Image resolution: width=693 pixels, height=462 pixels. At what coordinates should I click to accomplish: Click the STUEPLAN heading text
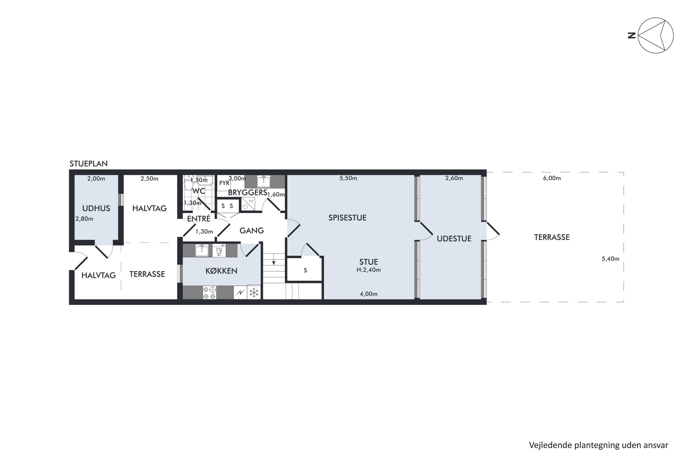click(x=88, y=164)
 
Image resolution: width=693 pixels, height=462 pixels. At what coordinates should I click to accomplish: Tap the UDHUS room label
click(x=96, y=208)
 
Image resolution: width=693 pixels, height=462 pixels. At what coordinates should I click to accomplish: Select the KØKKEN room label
click(x=221, y=271)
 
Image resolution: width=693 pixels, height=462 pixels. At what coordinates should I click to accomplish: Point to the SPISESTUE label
click(x=347, y=218)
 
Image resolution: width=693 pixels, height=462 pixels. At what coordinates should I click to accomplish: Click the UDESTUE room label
click(x=454, y=239)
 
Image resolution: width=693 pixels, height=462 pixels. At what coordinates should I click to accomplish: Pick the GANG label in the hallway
click(x=252, y=230)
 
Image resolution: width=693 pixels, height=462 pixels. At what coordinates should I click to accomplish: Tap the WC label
click(x=199, y=191)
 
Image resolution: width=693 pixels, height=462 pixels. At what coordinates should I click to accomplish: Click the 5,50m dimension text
click(x=348, y=178)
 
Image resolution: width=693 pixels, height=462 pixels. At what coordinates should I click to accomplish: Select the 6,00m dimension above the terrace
click(x=552, y=178)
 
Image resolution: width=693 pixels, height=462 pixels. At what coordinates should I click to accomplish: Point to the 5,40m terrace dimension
click(x=611, y=259)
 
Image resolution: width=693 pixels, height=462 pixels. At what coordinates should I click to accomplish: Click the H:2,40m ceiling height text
click(x=369, y=270)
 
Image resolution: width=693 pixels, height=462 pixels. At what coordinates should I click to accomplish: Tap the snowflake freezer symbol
click(x=254, y=293)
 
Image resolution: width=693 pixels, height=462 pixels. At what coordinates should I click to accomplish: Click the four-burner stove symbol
click(x=210, y=293)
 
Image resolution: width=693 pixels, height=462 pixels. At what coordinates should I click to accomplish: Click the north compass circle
click(x=656, y=35)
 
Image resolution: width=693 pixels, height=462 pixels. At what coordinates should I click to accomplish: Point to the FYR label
click(x=224, y=183)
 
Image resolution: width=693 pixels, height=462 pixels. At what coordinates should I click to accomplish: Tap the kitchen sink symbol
click(x=202, y=250)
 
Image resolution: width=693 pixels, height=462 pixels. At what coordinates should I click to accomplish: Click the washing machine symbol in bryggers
click(x=248, y=204)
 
